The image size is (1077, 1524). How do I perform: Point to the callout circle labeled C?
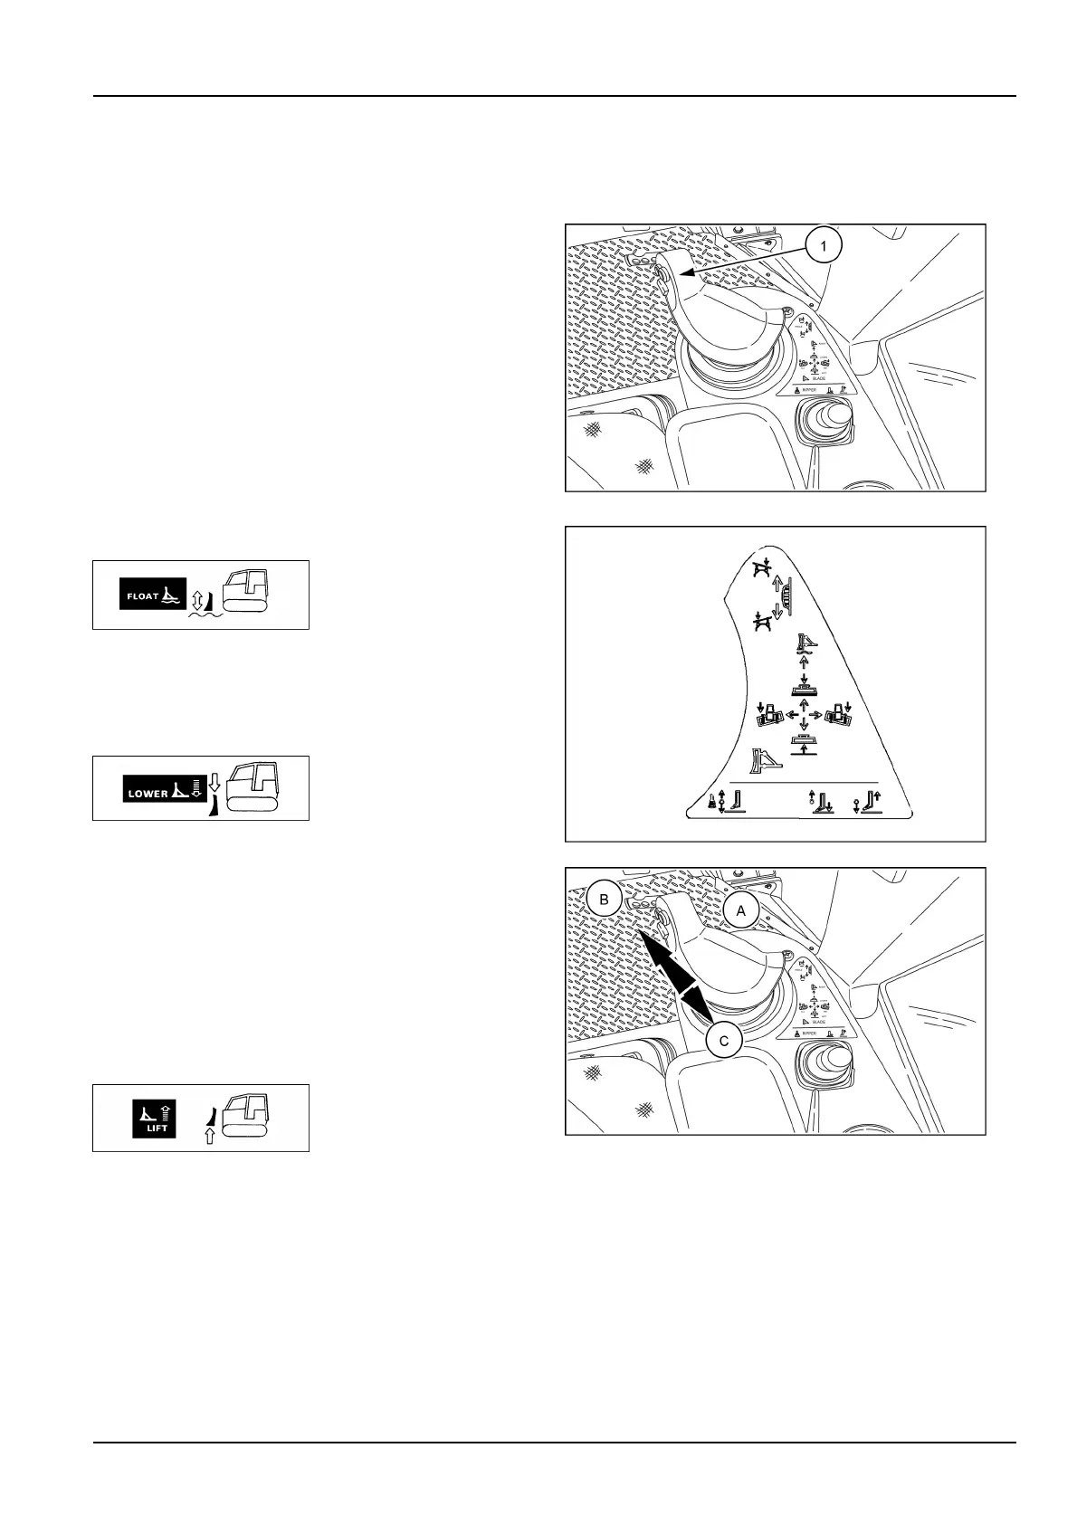click(x=723, y=1041)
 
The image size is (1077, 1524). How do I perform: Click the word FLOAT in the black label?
click(x=142, y=596)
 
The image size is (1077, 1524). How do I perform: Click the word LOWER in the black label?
click(x=148, y=794)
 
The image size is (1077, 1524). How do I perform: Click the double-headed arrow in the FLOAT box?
click(x=198, y=597)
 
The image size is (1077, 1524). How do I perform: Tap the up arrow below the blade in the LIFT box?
click(x=209, y=1137)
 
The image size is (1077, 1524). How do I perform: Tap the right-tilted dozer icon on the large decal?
click(x=836, y=714)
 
